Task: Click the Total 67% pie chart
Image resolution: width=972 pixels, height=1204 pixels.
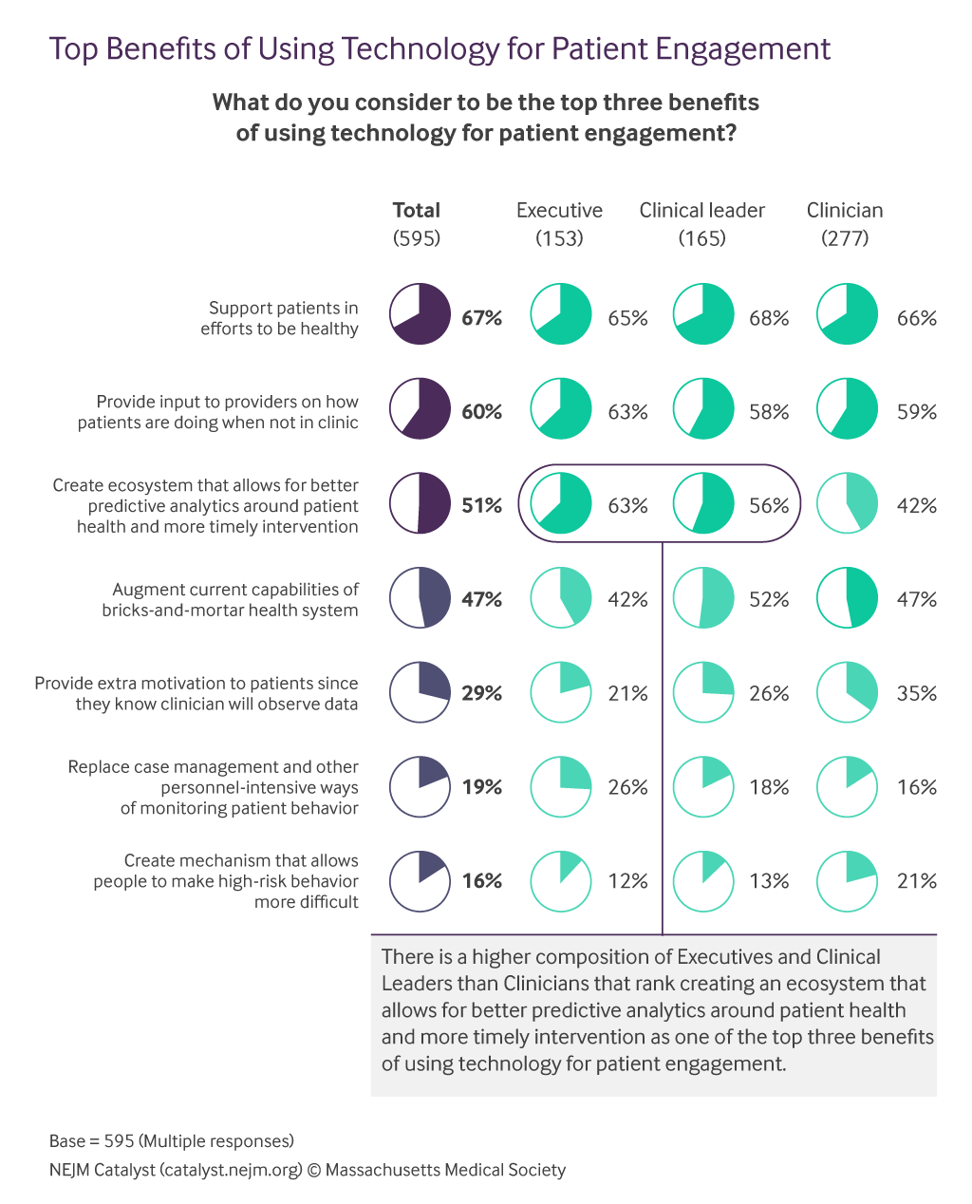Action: click(x=420, y=314)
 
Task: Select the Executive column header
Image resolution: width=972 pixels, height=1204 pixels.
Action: click(x=559, y=211)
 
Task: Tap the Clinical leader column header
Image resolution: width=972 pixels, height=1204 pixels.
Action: click(x=701, y=211)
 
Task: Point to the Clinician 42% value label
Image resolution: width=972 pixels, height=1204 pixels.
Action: click(x=916, y=506)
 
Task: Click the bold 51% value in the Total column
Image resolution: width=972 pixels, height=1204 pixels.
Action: click(x=481, y=506)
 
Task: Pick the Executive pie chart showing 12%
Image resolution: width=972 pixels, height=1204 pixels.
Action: click(x=560, y=881)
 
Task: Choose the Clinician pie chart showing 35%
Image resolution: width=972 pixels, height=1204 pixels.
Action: click(x=847, y=693)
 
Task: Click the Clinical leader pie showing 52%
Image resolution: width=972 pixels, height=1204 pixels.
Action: click(x=703, y=599)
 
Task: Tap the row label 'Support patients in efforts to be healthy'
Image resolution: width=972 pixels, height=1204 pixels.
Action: click(x=280, y=318)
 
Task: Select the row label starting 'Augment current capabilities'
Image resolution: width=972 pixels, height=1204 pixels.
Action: click(x=231, y=600)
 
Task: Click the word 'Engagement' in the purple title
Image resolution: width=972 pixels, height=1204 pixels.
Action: click(x=736, y=49)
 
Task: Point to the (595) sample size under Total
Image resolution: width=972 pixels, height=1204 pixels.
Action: click(x=417, y=238)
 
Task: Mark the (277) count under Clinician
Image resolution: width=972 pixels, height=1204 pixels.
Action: click(x=845, y=238)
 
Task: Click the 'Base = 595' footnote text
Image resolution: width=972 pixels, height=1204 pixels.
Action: click(x=172, y=1140)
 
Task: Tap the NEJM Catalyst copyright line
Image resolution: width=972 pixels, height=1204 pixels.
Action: click(x=308, y=1171)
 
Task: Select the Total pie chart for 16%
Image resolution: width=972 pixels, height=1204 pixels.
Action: click(x=420, y=881)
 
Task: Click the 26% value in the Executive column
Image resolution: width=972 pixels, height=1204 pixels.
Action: click(x=627, y=787)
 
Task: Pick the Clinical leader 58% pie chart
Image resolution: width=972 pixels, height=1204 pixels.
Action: click(x=703, y=409)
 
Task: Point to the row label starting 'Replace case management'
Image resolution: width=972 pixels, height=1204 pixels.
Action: click(x=214, y=787)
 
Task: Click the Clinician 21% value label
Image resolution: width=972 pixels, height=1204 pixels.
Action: click(x=916, y=881)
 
